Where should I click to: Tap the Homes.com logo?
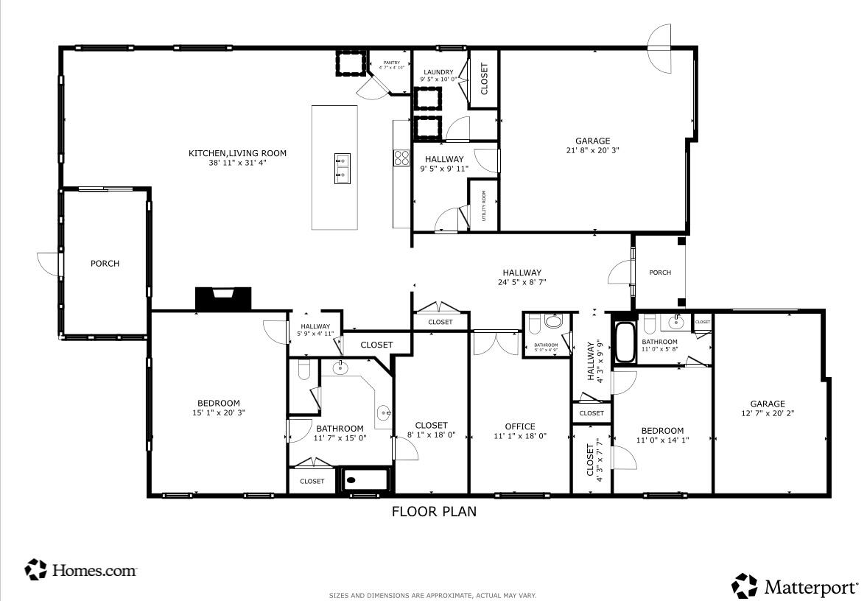tap(81, 569)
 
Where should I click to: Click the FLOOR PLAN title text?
tap(433, 511)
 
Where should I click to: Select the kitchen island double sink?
tap(343, 167)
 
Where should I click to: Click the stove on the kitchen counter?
tap(402, 158)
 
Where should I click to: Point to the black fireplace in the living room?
tap(222, 298)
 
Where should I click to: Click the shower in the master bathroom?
tap(364, 479)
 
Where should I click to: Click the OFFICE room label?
tap(520, 426)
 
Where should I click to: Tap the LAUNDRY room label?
tap(438, 72)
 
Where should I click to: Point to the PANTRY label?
tap(391, 63)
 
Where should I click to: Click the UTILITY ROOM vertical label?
tap(484, 205)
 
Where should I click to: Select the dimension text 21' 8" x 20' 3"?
tap(592, 150)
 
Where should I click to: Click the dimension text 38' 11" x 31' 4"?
tap(237, 163)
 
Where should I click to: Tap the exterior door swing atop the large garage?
tap(659, 48)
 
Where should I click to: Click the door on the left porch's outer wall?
tap(50, 263)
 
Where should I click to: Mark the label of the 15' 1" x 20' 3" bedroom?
tap(218, 403)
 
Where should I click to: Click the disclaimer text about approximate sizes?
tap(433, 595)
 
